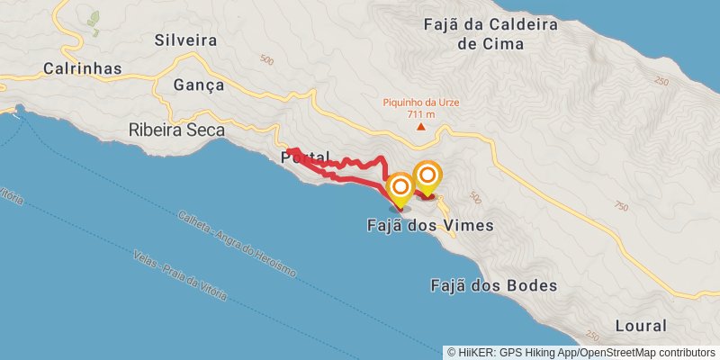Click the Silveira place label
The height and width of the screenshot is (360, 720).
(186, 40)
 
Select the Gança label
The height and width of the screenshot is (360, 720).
(189, 85)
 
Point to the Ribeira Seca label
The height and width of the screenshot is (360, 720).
(176, 130)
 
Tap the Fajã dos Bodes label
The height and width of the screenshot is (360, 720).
(492, 286)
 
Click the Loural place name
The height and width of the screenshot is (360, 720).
(640, 326)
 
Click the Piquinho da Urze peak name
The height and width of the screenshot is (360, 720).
(421, 103)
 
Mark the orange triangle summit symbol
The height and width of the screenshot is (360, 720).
(421, 127)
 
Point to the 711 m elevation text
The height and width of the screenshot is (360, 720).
(421, 114)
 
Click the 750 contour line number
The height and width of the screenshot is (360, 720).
(620, 206)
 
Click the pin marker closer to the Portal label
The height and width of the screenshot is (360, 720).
(400, 189)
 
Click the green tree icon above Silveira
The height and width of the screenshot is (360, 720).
(94, 18)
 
